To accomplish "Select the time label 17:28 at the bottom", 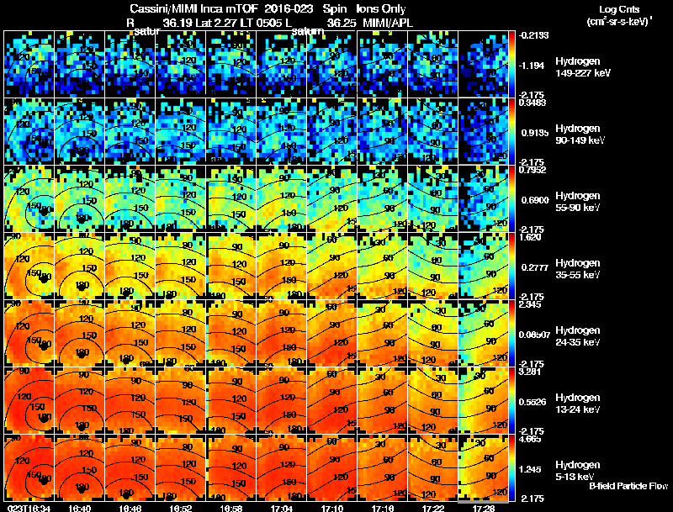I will point(484,508).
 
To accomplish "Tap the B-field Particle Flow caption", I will point(628,486).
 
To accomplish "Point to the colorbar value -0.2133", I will point(533,35).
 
